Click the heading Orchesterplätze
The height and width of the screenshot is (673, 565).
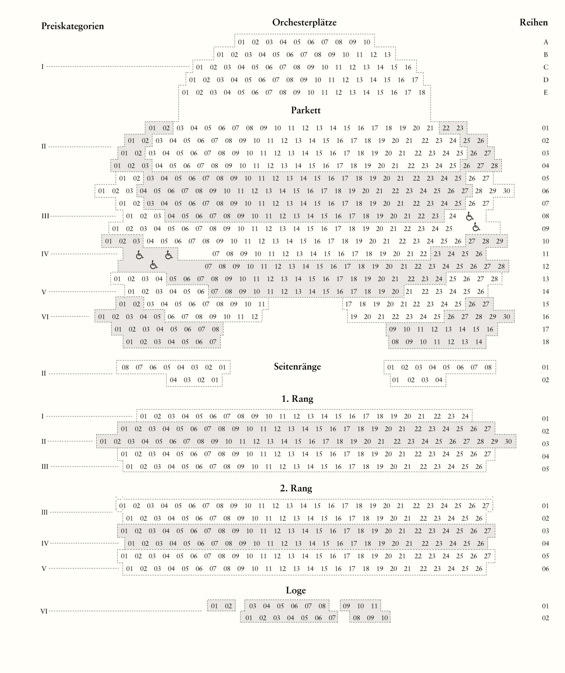[x=304, y=22]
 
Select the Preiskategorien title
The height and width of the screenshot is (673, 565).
[x=73, y=26]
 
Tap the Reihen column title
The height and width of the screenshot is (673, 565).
[x=534, y=22]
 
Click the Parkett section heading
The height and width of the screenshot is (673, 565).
[x=306, y=110]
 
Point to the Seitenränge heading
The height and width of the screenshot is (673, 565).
[x=297, y=366]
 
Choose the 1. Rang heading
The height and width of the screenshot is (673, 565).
[x=297, y=399]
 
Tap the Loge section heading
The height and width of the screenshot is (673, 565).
[x=296, y=590]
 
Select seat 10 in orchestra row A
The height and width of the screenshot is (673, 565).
[x=367, y=42]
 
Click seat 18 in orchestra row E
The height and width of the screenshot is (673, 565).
[x=422, y=93]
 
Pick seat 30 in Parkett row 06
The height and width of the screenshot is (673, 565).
[x=506, y=191]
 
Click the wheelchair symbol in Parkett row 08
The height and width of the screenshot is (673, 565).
[x=470, y=216]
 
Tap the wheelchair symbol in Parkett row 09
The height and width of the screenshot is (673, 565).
[x=476, y=227]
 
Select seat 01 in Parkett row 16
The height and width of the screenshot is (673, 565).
[x=102, y=317]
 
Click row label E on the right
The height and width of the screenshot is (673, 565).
[x=546, y=93]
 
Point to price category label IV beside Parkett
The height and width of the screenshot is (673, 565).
[x=45, y=254]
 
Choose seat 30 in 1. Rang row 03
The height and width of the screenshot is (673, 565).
[x=508, y=441]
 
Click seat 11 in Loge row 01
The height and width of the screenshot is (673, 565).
[x=374, y=606]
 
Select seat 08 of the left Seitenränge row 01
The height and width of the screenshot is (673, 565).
[x=125, y=367]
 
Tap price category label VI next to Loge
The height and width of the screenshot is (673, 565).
[x=44, y=611]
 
